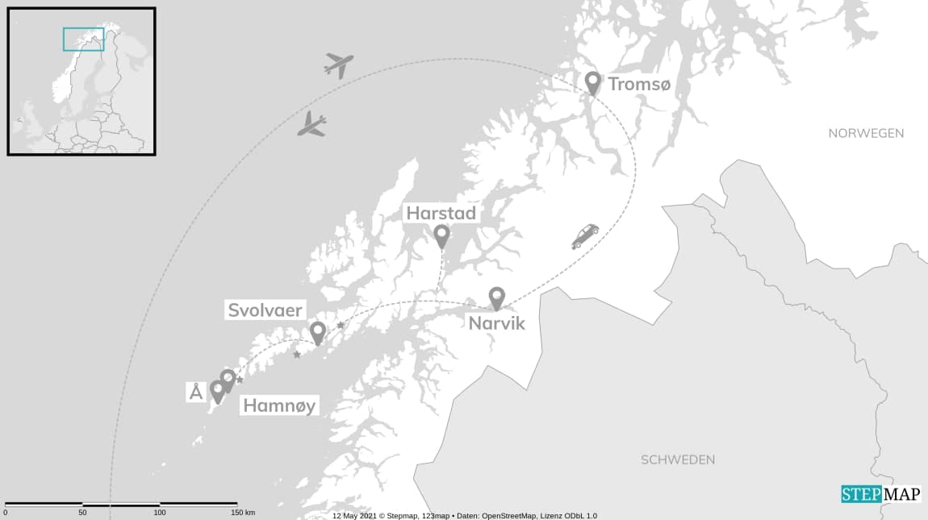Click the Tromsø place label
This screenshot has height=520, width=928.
pyautogui.click(x=638, y=85)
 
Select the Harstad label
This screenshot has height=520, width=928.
pyautogui.click(x=441, y=214)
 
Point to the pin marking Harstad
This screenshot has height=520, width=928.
pyautogui.click(x=441, y=235)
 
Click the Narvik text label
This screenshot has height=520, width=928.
pyautogui.click(x=496, y=323)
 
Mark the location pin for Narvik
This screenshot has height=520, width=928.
pyautogui.click(x=496, y=297)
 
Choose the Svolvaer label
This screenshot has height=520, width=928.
pyautogui.click(x=265, y=310)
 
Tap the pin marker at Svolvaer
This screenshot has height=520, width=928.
pyautogui.click(x=318, y=331)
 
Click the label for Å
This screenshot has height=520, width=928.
pyautogui.click(x=195, y=393)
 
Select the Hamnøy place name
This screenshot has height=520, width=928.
pyautogui.click(x=279, y=406)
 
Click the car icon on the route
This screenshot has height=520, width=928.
pyautogui.click(x=585, y=235)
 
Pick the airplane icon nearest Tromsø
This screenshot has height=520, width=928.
pyautogui.click(x=340, y=64)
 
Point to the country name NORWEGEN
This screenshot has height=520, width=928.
pyautogui.click(x=866, y=133)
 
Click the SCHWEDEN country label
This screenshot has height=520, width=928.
pyautogui.click(x=678, y=460)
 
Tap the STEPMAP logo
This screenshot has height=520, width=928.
pyautogui.click(x=880, y=494)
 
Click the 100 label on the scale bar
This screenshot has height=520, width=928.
pyautogui.click(x=160, y=513)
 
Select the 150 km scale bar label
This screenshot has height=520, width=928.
pyautogui.click(x=243, y=513)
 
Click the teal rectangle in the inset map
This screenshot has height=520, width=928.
pyautogui.click(x=84, y=39)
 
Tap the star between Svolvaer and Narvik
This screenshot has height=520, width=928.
pyautogui.click(x=341, y=325)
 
